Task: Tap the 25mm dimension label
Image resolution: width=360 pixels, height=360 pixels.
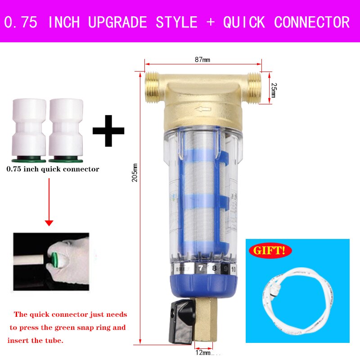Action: (272, 91)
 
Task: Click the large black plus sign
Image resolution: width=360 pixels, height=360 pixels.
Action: (108, 130)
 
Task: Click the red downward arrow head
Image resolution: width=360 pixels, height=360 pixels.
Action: (49, 223)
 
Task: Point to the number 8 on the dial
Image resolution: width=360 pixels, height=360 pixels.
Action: (215, 269)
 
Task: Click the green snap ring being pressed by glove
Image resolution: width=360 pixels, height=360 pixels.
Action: (57, 260)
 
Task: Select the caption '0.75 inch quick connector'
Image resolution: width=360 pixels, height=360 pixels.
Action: (53, 170)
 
